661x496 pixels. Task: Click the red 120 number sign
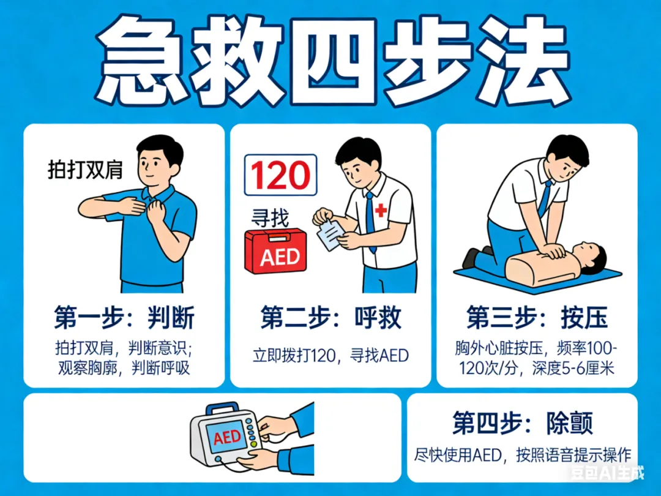[281, 175]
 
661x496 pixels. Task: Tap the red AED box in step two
[275, 252]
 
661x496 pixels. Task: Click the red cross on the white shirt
[381, 209]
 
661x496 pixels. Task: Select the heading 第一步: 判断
[124, 318]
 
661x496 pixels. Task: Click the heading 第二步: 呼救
[330, 318]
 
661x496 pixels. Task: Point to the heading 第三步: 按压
[537, 318]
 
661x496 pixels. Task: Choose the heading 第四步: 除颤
[523, 423]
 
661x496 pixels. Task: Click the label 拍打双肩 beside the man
[85, 170]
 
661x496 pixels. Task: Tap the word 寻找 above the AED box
[271, 219]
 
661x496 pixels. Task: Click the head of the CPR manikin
[593, 258]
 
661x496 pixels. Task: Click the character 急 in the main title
[138, 61]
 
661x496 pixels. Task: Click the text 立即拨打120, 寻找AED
[330, 356]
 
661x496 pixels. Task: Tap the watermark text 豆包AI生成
[608, 473]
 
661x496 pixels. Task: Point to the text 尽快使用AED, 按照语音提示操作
[523, 455]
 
